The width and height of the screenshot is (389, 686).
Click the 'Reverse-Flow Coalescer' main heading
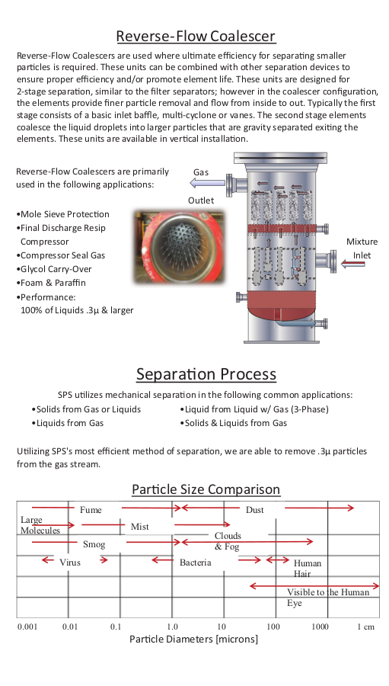[196, 36]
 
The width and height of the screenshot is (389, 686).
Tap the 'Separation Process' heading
[206, 374]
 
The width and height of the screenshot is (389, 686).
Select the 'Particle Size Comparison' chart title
[206, 489]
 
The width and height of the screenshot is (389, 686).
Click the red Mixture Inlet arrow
[352, 264]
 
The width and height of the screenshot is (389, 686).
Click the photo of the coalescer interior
[180, 246]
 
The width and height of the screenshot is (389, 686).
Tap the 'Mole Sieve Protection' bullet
[62, 214]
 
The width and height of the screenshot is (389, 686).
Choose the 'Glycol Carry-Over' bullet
[54, 269]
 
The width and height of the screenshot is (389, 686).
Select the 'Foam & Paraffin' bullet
[51, 283]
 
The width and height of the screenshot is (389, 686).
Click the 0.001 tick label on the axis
[27, 627]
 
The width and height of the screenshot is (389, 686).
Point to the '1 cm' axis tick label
[366, 627]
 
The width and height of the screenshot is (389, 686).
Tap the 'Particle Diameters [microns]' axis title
[193, 640]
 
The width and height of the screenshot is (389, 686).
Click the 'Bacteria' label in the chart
[196, 563]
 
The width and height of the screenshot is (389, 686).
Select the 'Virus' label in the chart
[70, 563]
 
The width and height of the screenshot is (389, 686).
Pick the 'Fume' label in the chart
[91, 510]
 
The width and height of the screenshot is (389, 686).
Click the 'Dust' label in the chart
[255, 510]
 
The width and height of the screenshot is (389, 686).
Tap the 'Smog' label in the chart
[94, 544]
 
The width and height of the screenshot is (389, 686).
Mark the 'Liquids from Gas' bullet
[68, 423]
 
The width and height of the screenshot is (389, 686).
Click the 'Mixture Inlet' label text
[362, 248]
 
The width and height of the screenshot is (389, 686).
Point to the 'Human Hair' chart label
[308, 569]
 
